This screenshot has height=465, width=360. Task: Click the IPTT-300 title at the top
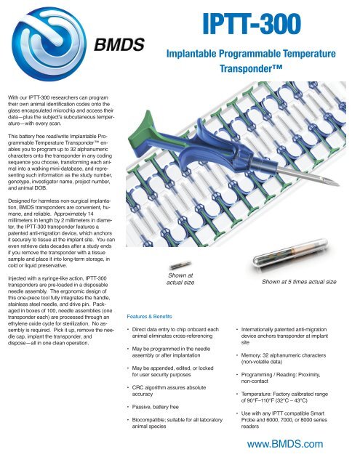point(257,26)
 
